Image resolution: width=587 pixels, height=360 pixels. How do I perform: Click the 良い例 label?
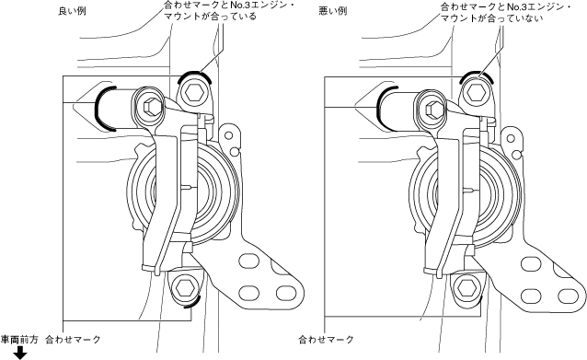pyautogui.click(x=73, y=11)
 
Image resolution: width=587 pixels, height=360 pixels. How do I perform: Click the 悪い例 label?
pyautogui.click(x=333, y=11)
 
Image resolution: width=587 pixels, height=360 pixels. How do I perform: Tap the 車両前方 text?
pyautogui.click(x=19, y=340)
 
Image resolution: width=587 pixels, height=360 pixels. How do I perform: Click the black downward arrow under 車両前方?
pyautogui.click(x=20, y=353)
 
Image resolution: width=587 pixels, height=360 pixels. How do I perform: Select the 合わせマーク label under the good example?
pyautogui.click(x=73, y=340)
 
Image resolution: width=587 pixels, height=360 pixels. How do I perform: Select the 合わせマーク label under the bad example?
pyautogui.click(x=326, y=340)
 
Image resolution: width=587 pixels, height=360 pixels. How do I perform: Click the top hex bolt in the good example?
pyautogui.click(x=195, y=92)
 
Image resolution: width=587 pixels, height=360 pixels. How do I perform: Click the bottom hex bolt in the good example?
pyautogui.click(x=185, y=288)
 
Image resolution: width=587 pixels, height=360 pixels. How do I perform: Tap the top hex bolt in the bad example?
pyautogui.click(x=477, y=92)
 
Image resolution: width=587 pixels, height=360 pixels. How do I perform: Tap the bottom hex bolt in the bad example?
pyautogui.click(x=466, y=288)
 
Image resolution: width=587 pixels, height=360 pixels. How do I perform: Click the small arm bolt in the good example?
pyautogui.click(x=152, y=108)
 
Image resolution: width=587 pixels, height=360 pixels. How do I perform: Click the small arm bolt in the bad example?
pyautogui.click(x=435, y=109)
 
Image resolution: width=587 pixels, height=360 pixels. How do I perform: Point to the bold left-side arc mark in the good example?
pyautogui.click(x=96, y=109)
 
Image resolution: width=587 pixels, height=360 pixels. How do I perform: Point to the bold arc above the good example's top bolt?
pyautogui.click(x=195, y=72)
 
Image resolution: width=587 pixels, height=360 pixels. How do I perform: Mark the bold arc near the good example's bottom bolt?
pyautogui.click(x=196, y=302)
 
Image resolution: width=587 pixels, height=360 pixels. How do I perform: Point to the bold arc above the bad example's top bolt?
pyautogui.click(x=477, y=72)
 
